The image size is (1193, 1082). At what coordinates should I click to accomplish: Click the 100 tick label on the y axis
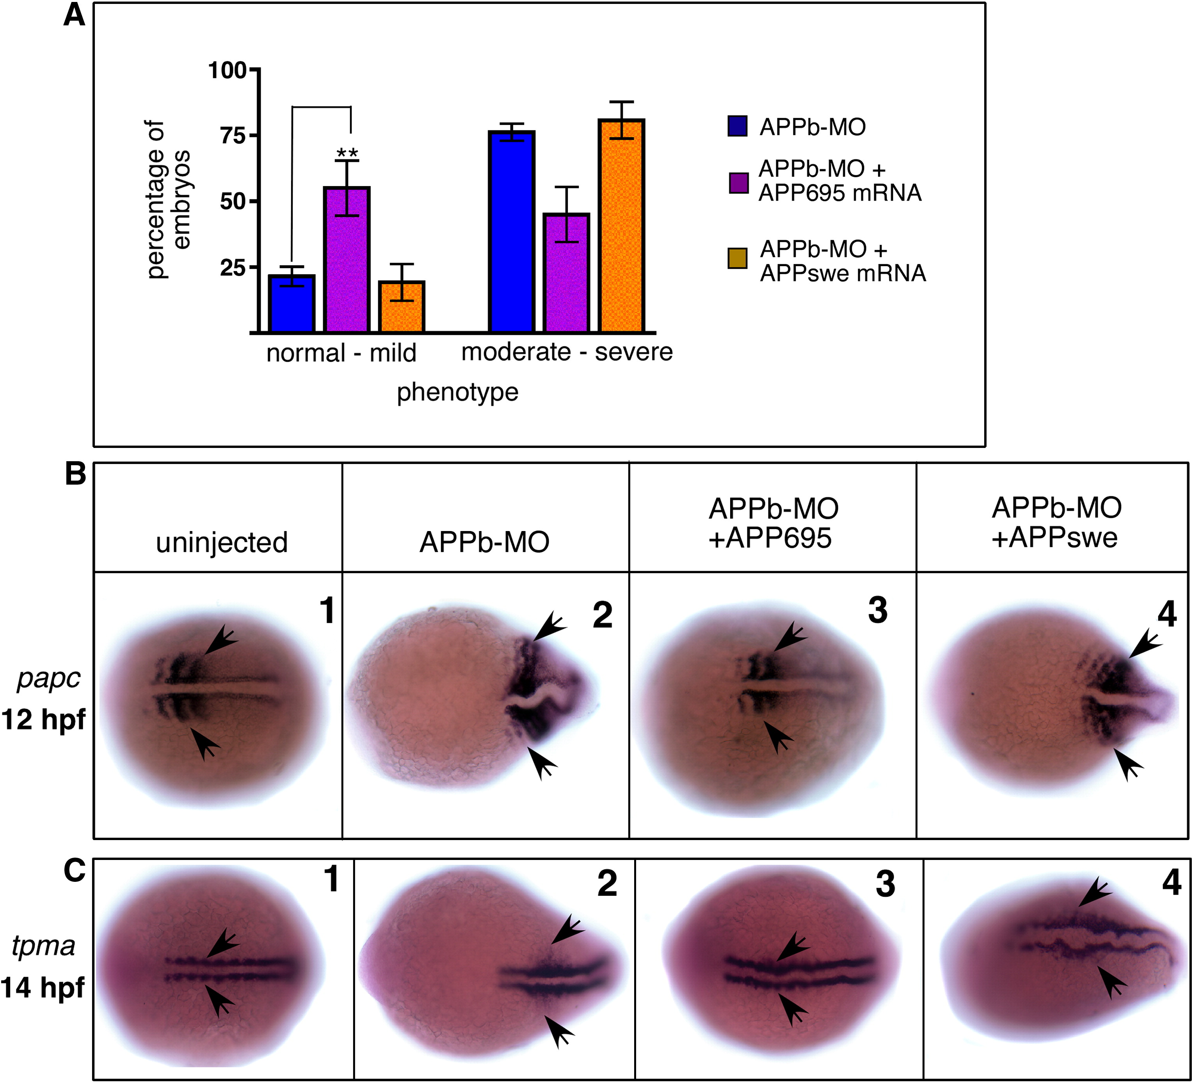point(227,70)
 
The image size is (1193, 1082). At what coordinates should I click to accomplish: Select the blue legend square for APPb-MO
point(737,126)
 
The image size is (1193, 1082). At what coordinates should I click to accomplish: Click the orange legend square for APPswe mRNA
point(737,259)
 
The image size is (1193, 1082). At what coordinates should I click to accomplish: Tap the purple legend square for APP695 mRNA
point(738,183)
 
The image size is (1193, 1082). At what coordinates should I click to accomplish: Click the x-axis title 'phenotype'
point(457,392)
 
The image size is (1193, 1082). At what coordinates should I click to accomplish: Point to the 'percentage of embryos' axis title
point(167,199)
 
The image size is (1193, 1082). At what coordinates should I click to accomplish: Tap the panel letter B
point(75,474)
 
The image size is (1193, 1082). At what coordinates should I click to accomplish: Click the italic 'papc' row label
point(48,679)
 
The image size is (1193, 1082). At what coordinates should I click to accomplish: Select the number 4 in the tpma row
point(1171,883)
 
